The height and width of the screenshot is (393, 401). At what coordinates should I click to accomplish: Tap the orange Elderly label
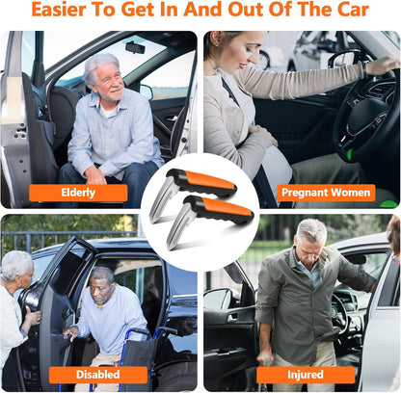click(x=78, y=192)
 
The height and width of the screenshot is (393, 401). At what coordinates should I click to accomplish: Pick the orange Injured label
click(x=305, y=374)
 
